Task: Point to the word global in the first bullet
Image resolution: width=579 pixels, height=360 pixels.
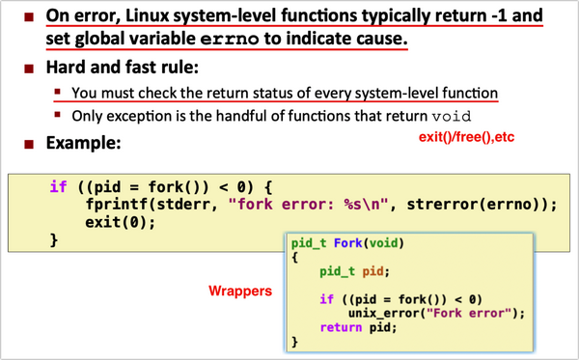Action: coord(102,42)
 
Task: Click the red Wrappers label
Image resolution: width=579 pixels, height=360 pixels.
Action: coord(240,290)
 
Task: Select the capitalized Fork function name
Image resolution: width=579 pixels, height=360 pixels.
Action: coord(351,241)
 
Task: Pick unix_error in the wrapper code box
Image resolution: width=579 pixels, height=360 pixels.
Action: coord(374,312)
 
